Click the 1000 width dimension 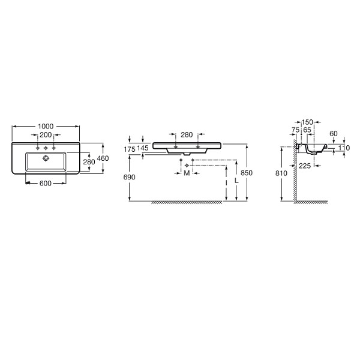[46, 126]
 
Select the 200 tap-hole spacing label [46, 135]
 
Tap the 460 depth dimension [103, 158]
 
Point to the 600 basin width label [46, 183]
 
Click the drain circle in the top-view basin [46, 158]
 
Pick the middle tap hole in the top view [46, 148]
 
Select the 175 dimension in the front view [130, 149]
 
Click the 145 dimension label [143, 148]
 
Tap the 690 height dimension [129, 177]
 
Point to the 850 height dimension [247, 173]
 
